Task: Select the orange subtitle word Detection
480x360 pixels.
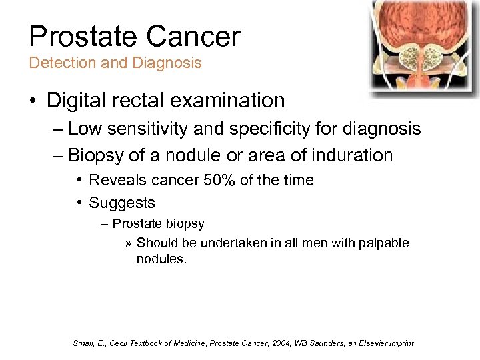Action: click(57, 63)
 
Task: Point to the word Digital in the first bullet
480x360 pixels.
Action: click(76, 101)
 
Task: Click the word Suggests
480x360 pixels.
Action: click(121, 203)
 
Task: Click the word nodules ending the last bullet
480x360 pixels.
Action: click(160, 259)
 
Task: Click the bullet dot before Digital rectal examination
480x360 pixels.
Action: click(33, 101)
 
